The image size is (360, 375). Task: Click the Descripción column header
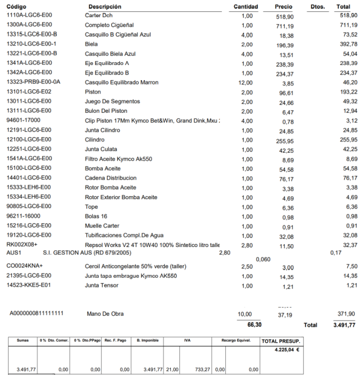[105, 7]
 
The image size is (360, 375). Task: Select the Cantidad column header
[246, 7]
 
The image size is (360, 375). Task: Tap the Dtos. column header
[317, 7]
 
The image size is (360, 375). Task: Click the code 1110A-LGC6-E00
[29, 16]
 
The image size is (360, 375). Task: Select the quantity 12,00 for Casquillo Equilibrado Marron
[245, 83]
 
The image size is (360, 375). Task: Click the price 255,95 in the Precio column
[284, 141]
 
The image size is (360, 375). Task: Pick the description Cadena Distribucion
[111, 178]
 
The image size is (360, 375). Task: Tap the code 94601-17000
[23, 120]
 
